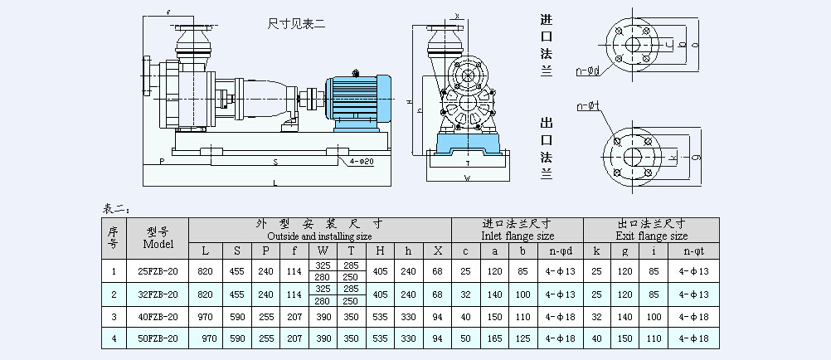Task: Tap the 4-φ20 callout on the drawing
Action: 362,160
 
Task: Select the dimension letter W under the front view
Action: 467,178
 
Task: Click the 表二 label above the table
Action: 115,207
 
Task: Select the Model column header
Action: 158,238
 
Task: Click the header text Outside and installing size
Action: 320,235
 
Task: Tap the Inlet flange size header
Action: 517,235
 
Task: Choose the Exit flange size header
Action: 651,235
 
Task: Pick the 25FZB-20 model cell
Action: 158,271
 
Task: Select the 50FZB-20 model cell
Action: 158,338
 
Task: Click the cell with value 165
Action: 496,338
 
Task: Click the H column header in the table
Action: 379,251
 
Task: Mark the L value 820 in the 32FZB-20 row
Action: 207,294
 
